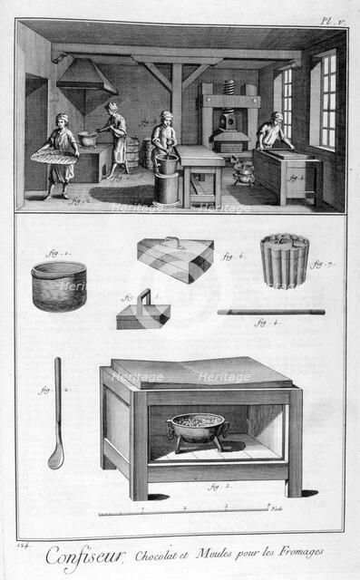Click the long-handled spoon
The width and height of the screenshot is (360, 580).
tap(56, 413)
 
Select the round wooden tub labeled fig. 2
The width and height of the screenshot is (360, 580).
tap(59, 286)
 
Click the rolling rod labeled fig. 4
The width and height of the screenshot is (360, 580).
tap(270, 312)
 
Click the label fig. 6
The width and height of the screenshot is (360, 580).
tap(233, 256)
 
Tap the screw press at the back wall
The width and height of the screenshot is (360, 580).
tap(230, 118)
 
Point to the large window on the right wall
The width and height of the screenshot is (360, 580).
tap(326, 99)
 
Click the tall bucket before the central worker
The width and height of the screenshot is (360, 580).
tap(167, 181)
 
